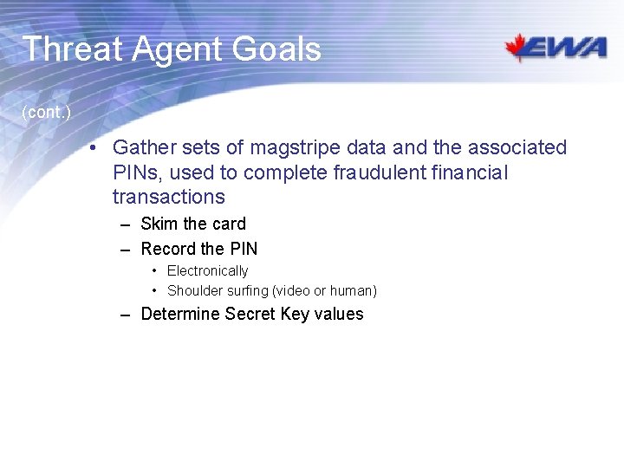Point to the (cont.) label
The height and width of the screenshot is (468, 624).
[x=46, y=113]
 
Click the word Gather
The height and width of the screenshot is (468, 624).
[x=144, y=148]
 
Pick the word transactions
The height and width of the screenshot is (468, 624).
[x=168, y=197]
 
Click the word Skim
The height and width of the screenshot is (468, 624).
[x=159, y=224]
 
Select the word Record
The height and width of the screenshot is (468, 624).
[x=168, y=249]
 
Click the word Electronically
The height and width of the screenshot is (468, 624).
[x=207, y=271]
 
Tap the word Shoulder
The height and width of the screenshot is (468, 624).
[x=195, y=291]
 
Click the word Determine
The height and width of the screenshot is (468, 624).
[x=179, y=314]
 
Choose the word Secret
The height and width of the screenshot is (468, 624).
[x=250, y=314]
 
